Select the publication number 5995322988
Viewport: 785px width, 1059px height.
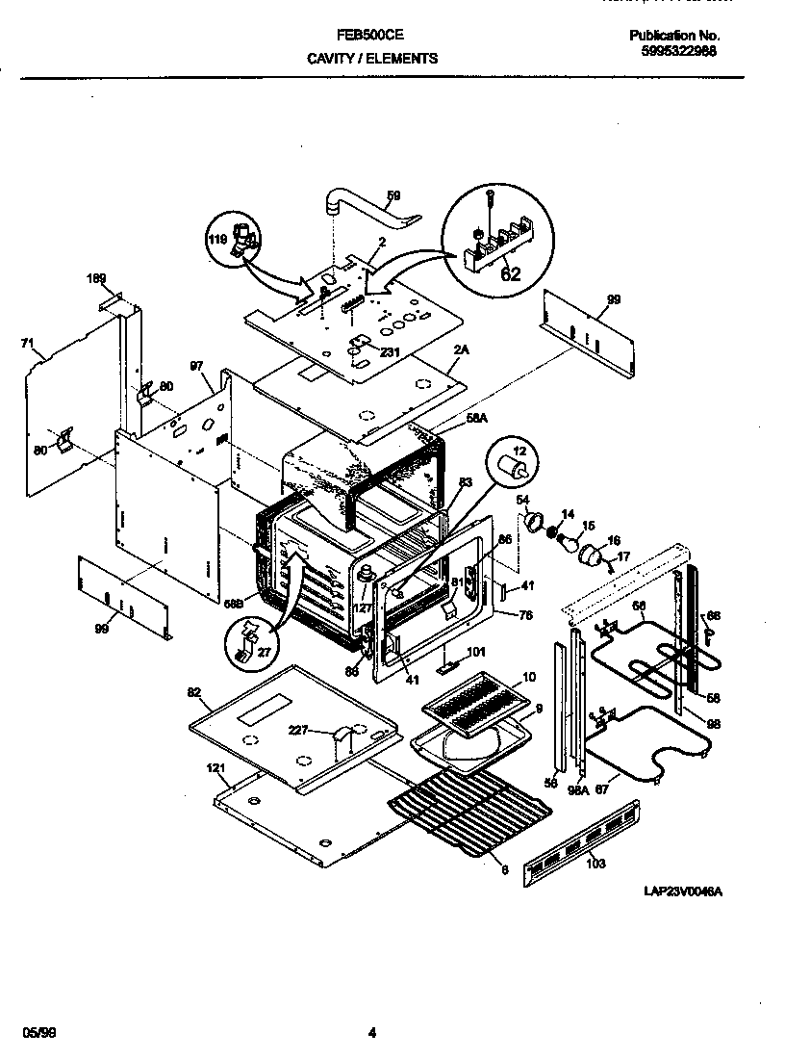tap(678, 52)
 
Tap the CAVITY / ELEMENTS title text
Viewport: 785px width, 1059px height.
tap(372, 58)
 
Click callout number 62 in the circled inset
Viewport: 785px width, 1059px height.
tap(511, 273)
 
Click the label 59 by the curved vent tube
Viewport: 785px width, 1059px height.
tap(393, 196)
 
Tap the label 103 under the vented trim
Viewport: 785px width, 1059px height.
tap(596, 865)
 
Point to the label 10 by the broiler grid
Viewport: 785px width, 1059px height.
tap(527, 678)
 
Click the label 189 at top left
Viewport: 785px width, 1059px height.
tap(96, 279)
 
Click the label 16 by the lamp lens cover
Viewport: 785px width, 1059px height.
tap(613, 542)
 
